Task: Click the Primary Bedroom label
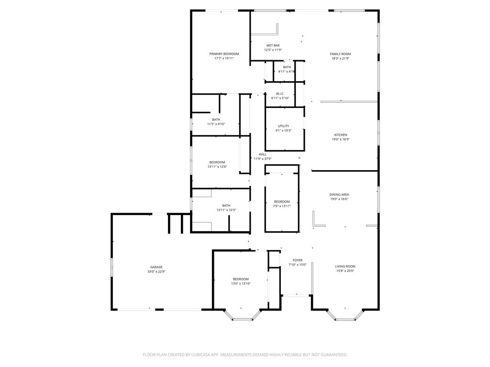click(x=224, y=54)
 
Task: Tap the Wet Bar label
click(x=273, y=45)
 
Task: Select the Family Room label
click(x=340, y=54)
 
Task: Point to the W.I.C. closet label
click(x=280, y=94)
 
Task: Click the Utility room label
click(x=283, y=126)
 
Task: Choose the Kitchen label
click(x=341, y=135)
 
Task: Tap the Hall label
click(x=263, y=154)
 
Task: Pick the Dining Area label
click(x=339, y=194)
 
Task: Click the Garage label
click(x=156, y=267)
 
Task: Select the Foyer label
click(x=297, y=260)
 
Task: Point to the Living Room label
click(x=345, y=267)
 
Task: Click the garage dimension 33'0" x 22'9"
click(x=156, y=272)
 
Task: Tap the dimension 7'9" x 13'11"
click(x=282, y=206)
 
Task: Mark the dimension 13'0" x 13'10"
click(x=241, y=283)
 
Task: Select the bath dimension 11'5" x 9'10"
click(x=216, y=124)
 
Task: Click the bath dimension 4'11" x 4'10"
click(x=287, y=72)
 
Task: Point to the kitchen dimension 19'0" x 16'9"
click(x=341, y=140)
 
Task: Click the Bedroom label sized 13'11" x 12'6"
click(x=217, y=162)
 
